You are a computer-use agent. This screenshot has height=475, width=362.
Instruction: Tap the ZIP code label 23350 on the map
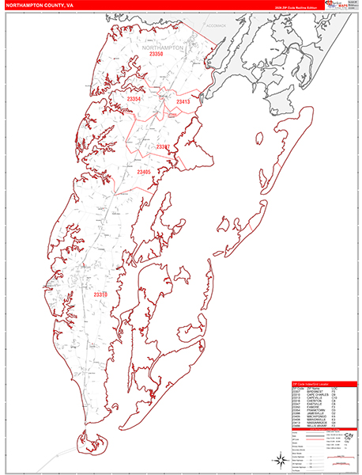click(156, 55)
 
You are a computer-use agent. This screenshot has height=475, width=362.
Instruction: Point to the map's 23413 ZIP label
click(183, 102)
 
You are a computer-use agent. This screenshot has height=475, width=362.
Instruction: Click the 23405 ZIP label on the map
click(143, 172)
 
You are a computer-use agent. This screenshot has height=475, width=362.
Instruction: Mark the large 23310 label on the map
click(100, 294)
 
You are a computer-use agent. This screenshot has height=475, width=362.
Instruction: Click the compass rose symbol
click(280, 460)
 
